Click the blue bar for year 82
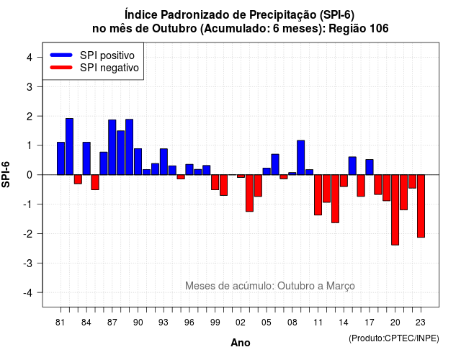tap(69, 147)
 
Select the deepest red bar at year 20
tap(395, 210)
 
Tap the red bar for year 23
tap(421, 206)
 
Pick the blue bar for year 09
tap(301, 158)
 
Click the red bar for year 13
tap(335, 199)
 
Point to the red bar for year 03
tap(249, 193)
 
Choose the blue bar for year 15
tap(352, 166)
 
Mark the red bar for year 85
tap(95, 182)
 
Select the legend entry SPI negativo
tap(94, 68)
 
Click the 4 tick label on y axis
tap(30, 58)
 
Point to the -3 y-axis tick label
tap(28, 263)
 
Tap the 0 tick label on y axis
tap(30, 175)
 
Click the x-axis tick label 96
tap(189, 323)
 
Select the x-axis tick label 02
tap(241, 323)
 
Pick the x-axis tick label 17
tap(370, 323)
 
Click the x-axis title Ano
tap(241, 343)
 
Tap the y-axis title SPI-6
tap(6, 174)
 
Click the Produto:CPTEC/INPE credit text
tap(394, 338)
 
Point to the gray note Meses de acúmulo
tap(270, 286)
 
